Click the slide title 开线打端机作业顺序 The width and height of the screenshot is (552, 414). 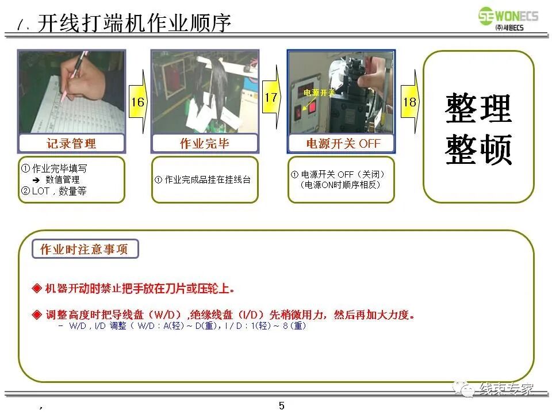134,24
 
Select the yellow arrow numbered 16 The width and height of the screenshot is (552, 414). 138,102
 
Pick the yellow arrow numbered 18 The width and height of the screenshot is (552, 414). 409,102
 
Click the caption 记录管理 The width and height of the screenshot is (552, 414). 71,143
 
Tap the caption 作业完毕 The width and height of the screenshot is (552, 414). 205,143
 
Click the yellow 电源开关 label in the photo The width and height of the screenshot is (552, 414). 319,93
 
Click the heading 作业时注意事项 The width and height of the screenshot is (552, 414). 84,250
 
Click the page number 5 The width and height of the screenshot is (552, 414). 282,405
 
